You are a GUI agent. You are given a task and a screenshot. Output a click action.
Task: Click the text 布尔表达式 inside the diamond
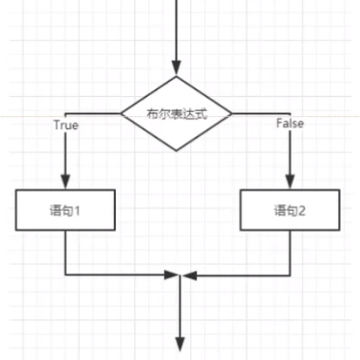178,113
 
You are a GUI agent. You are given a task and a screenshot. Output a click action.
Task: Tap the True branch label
65,125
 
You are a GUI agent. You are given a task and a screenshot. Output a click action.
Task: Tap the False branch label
290,125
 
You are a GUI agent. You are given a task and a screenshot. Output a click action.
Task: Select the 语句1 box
65,209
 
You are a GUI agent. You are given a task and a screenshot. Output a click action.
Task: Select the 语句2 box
290,209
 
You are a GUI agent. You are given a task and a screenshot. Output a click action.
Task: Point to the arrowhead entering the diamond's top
178,66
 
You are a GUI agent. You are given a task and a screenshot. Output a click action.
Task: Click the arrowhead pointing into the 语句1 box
65,182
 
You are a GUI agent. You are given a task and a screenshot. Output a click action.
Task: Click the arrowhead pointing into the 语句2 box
290,182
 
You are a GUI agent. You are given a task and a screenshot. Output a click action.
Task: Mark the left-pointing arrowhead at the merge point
186,276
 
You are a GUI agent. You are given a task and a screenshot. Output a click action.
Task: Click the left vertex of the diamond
122,113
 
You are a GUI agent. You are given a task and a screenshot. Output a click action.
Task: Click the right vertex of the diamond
234,113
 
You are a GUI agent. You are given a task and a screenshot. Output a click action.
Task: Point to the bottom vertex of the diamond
178,150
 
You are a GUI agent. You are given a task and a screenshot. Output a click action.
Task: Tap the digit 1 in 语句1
77,209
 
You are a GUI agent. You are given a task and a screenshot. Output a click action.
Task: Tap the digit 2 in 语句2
302,209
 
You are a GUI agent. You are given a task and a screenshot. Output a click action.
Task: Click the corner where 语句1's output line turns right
65,276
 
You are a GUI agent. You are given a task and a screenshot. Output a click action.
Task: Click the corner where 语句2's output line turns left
290,276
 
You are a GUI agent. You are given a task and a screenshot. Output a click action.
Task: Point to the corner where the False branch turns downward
290,113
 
